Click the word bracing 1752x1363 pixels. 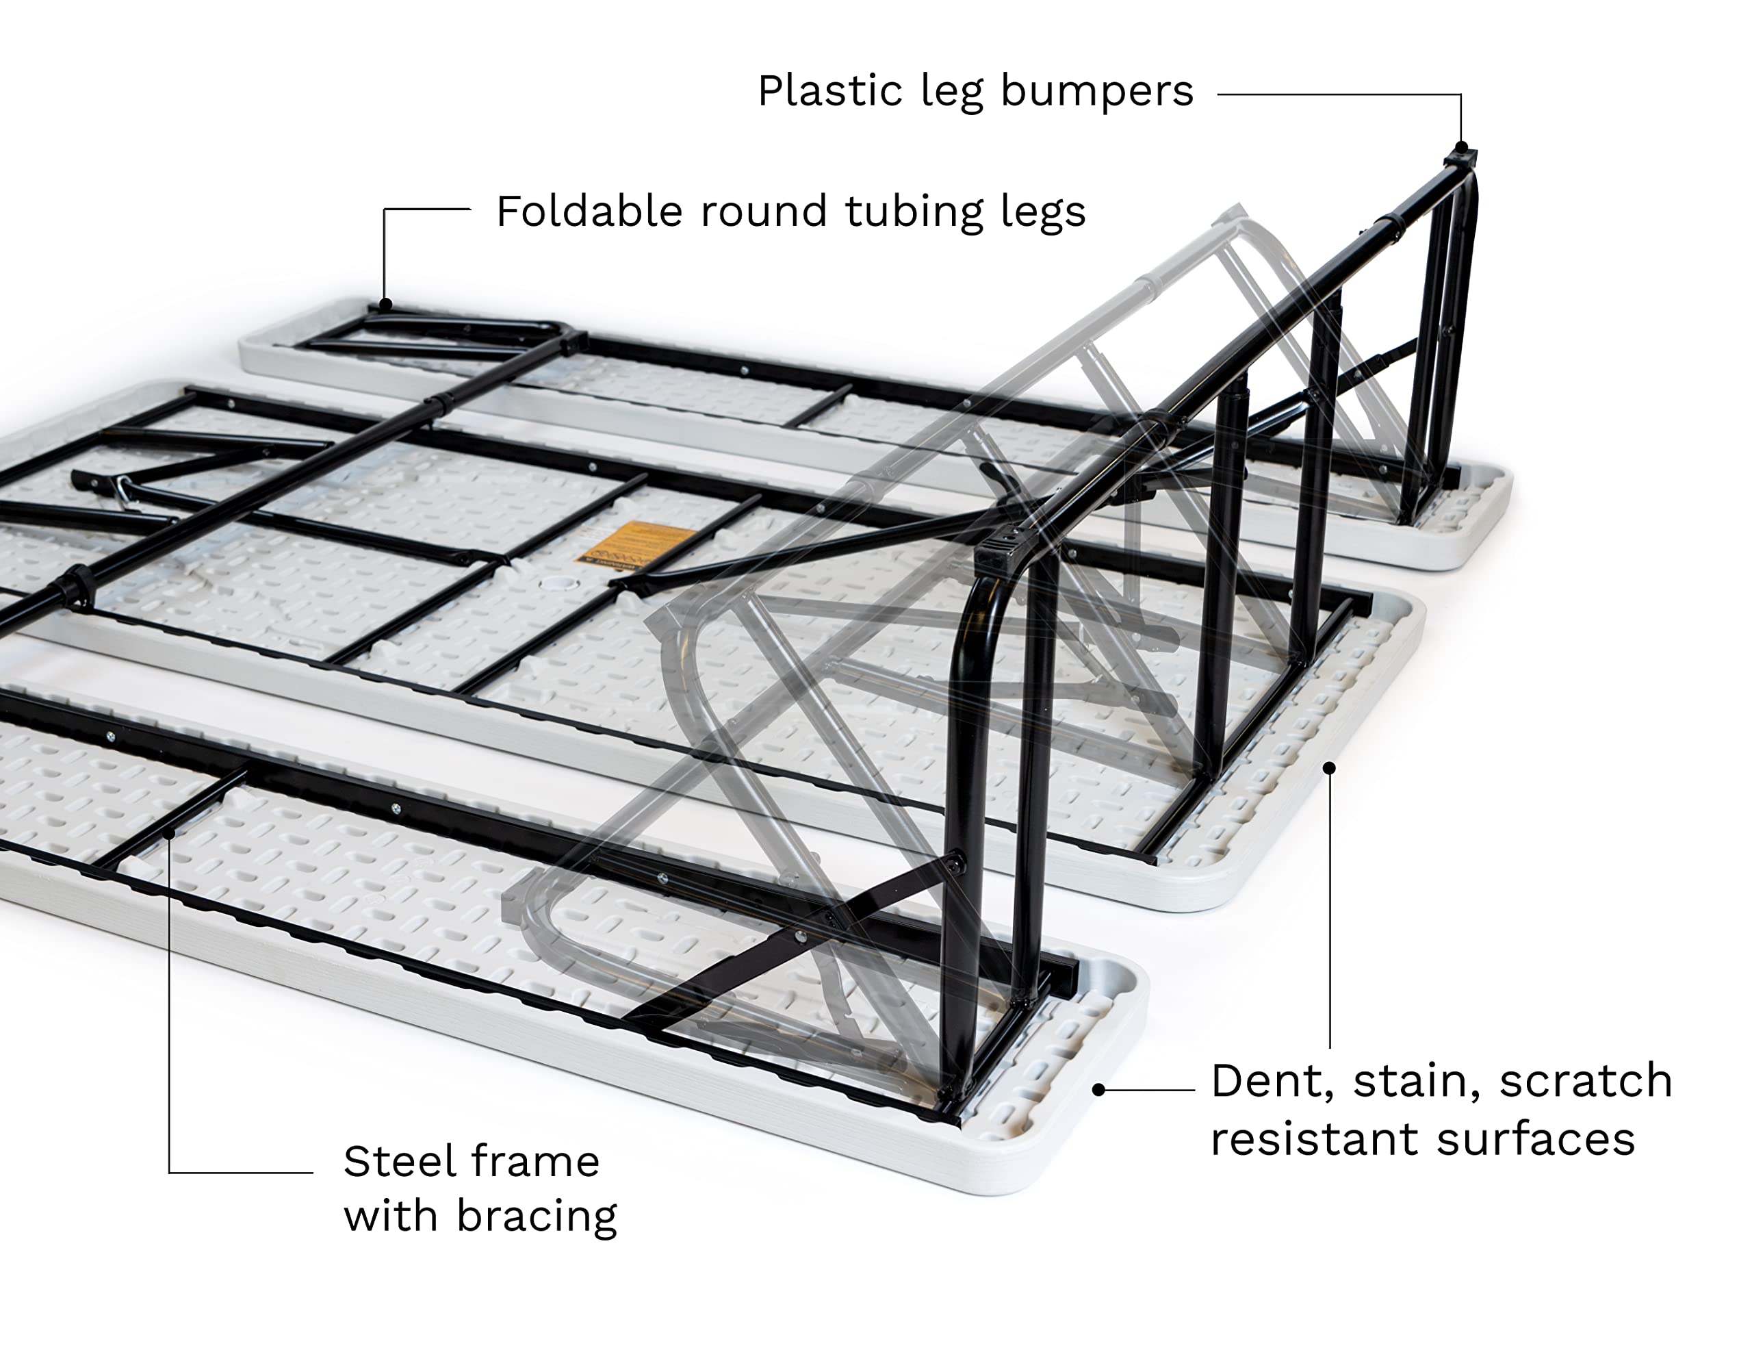pyautogui.click(x=537, y=1217)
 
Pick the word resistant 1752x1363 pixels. pyautogui.click(x=1315, y=1139)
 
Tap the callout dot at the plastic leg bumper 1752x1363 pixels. pyautogui.click(x=1461, y=148)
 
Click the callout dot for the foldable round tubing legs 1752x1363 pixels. pyautogui.click(x=385, y=305)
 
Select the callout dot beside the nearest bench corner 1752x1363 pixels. pyautogui.click(x=1099, y=1089)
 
